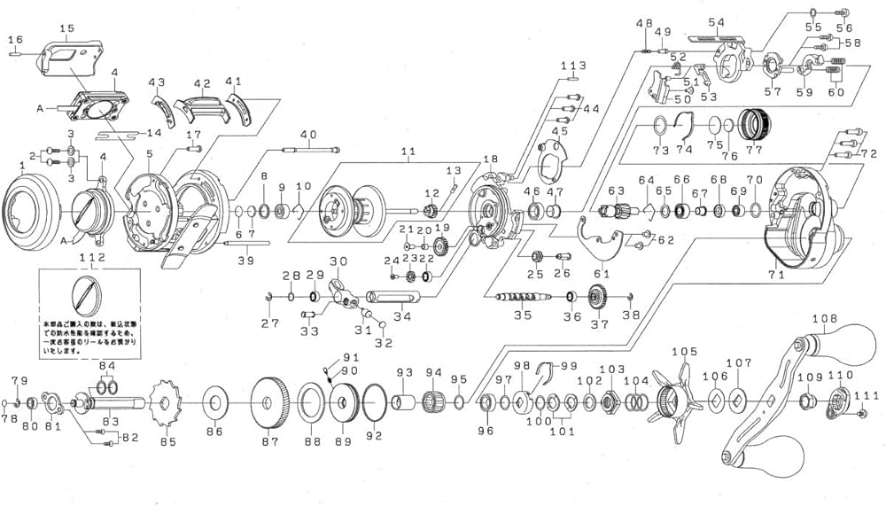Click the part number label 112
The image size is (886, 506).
point(92,257)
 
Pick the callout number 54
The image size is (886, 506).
point(716,21)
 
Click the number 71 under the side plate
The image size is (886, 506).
point(776,276)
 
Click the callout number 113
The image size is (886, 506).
point(573,66)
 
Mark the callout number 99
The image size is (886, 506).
point(568,366)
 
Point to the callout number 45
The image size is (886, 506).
point(559,132)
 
